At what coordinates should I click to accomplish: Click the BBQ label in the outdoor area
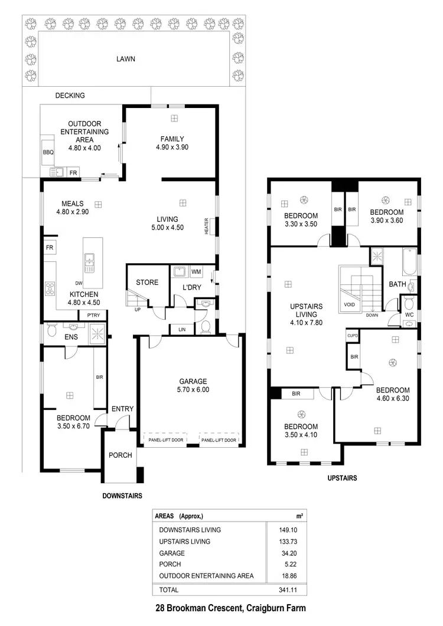coord(48,152)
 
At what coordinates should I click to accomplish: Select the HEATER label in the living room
coord(207,226)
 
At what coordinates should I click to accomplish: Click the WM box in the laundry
coord(196,272)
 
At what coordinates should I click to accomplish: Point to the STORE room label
coord(147,283)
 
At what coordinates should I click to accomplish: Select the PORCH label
coord(120,455)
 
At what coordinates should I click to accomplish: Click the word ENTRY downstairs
coord(122,409)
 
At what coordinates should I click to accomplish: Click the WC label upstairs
coord(409,316)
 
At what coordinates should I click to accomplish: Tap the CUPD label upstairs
coord(352,336)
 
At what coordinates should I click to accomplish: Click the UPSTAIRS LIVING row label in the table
coord(184,542)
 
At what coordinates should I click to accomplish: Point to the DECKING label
coord(70,96)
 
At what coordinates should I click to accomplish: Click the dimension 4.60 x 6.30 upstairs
coord(393,399)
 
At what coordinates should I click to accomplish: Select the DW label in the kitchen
coord(79,283)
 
